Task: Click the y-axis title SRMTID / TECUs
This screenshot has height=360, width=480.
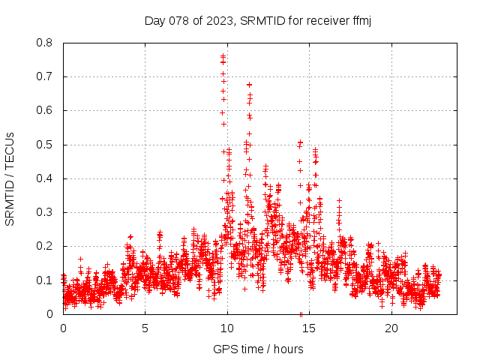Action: pos(10,178)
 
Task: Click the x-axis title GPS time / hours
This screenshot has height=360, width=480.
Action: pos(258,349)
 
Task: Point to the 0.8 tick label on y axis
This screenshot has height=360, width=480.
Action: pos(45,43)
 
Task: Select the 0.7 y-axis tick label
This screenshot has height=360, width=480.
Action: pos(45,76)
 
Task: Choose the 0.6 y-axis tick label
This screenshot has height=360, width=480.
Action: pos(45,110)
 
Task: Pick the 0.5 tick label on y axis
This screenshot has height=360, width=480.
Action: pos(45,144)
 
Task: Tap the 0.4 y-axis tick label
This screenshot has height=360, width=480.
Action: pos(45,178)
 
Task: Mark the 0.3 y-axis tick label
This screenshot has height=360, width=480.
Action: pos(45,212)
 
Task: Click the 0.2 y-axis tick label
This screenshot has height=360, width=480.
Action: pos(45,246)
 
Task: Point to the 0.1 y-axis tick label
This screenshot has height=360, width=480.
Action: pos(45,280)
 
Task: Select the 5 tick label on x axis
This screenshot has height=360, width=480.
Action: pos(145,328)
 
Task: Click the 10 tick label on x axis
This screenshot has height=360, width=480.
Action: pos(227,328)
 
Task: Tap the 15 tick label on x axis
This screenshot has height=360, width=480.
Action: pos(309,328)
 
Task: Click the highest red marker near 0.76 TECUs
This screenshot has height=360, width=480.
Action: pos(223,55)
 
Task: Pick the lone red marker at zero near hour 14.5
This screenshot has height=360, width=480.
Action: pos(301,313)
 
